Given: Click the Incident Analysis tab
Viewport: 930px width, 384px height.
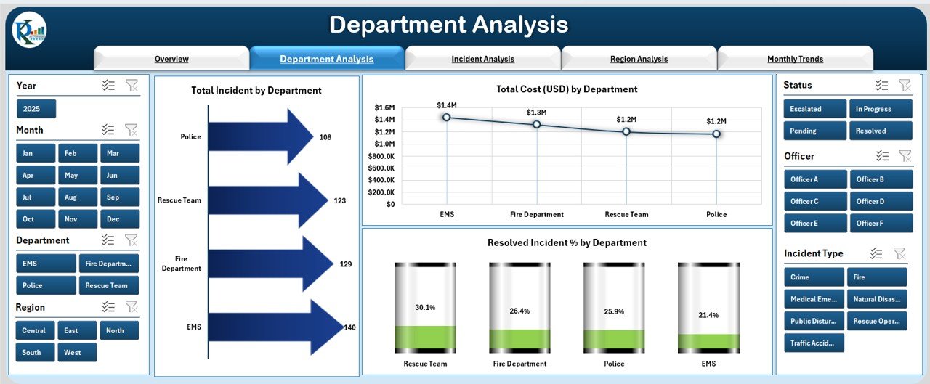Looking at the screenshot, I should tap(482, 59).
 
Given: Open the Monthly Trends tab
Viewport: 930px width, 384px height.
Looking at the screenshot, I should tap(795, 59).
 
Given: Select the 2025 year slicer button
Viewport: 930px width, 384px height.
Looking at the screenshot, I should tap(36, 109).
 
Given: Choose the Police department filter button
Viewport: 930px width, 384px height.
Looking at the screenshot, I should tap(46, 285).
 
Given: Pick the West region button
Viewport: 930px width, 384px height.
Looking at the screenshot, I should tap(77, 352).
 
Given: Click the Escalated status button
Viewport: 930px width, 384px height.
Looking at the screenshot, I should tap(814, 109).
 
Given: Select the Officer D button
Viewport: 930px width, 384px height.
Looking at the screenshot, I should tap(881, 201).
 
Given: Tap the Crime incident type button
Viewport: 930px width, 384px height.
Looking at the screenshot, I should tap(814, 277).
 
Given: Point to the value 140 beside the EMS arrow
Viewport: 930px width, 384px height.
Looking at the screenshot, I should tap(349, 327).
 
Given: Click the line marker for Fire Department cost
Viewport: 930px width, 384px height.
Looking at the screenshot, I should tap(537, 124).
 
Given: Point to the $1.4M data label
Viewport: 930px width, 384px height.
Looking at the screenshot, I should tap(447, 105).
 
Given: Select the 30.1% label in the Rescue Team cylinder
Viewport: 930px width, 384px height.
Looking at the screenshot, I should tap(425, 308).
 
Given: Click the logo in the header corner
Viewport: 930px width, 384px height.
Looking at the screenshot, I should tap(29, 30).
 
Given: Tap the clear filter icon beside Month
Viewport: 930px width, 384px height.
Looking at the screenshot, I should tap(132, 130).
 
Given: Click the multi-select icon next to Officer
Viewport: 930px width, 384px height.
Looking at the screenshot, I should tap(882, 155).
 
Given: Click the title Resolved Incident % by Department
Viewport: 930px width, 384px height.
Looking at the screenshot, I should tap(567, 242).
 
